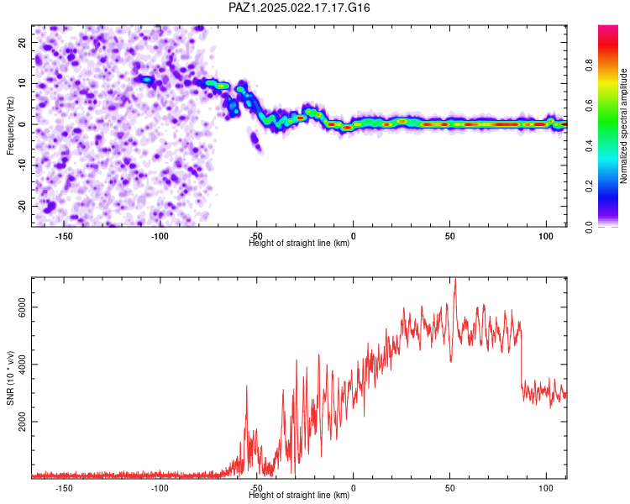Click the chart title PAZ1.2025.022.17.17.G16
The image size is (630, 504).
pyautogui.click(x=299, y=8)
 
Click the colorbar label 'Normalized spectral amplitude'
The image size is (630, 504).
pyautogui.click(x=623, y=126)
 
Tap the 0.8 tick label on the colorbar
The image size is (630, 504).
pyautogui.click(x=589, y=65)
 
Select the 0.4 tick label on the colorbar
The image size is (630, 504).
pyautogui.click(x=589, y=146)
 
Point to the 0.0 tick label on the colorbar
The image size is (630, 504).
pyautogui.click(x=589, y=227)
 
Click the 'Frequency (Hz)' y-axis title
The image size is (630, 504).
pyautogui.click(x=10, y=126)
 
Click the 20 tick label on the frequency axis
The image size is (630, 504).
pyautogui.click(x=22, y=42)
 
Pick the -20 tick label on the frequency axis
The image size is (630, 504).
pyautogui.click(x=22, y=207)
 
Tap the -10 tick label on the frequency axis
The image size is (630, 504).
pyautogui.click(x=22, y=165)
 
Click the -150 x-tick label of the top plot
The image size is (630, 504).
pyautogui.click(x=64, y=236)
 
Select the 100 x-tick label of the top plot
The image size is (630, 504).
pyautogui.click(x=546, y=236)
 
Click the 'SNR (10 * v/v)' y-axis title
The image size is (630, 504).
pyautogui.click(x=10, y=378)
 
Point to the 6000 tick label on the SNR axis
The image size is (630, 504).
pyautogui.click(x=22, y=307)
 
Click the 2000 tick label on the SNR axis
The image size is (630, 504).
pyautogui.click(x=22, y=422)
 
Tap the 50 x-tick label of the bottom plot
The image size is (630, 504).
pyautogui.click(x=450, y=488)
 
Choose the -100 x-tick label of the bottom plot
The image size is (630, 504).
pyautogui.click(x=160, y=488)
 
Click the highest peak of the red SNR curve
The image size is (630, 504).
pyautogui.click(x=455, y=279)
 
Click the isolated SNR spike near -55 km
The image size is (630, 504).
pyautogui.click(x=247, y=386)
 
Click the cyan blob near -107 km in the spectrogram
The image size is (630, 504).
pyautogui.click(x=148, y=80)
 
